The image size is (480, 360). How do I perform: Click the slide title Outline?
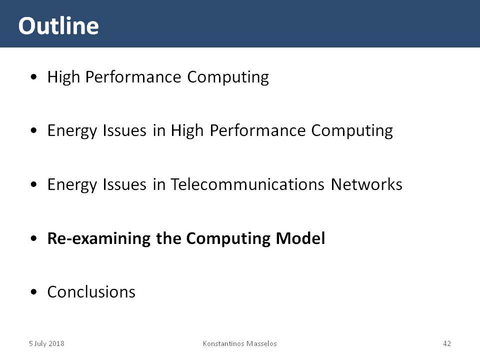point(58,25)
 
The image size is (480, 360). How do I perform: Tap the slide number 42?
point(447,343)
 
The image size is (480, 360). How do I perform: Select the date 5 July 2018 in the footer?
point(46,343)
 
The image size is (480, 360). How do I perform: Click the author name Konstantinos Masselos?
point(239,343)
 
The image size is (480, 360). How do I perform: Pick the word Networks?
point(366,184)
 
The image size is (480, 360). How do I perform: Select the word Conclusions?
point(91,291)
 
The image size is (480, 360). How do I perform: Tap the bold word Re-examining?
point(99,239)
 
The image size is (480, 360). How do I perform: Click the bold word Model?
point(300,238)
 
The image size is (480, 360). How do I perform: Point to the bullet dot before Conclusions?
point(33,292)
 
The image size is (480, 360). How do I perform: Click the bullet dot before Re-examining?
point(33,238)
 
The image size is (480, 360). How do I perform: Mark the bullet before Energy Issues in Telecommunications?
point(33,184)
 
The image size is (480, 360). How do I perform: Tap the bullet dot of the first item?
point(33,77)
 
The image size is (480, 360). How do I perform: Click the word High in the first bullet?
point(63,77)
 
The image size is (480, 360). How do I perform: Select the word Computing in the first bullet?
point(228,77)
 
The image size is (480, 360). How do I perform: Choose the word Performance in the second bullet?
point(257,130)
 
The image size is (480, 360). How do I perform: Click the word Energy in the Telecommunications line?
point(72,185)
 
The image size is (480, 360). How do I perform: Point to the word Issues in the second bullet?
point(124,130)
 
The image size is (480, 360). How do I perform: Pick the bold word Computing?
point(228,239)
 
